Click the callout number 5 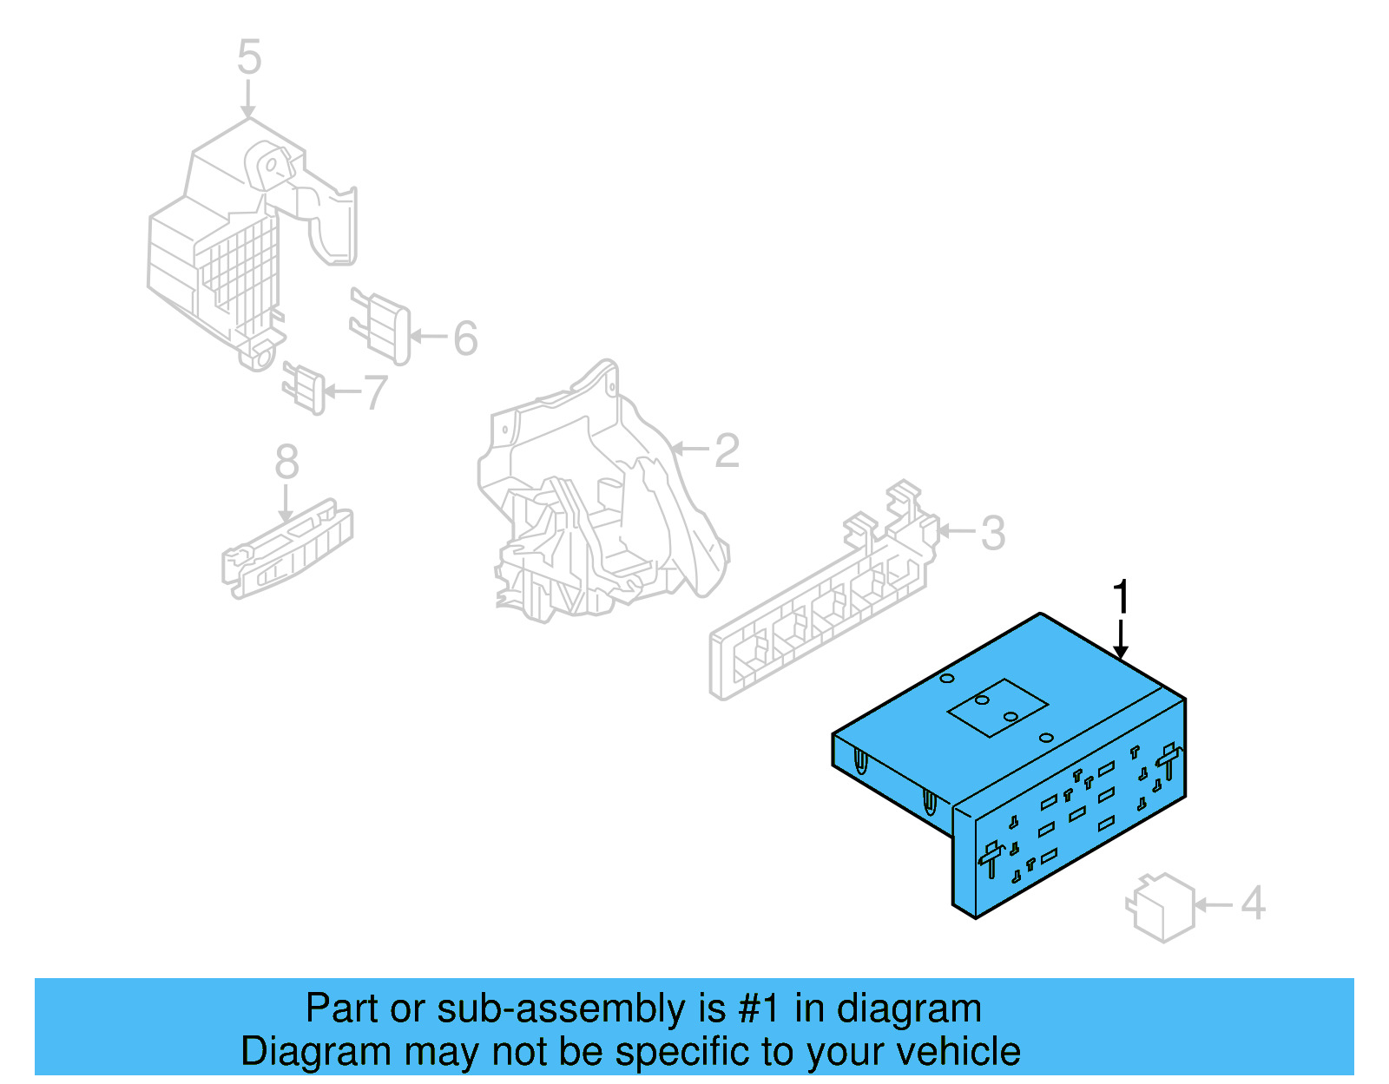pyautogui.click(x=249, y=57)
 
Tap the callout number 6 pyautogui.click(x=465, y=338)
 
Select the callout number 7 pyautogui.click(x=375, y=392)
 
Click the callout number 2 pyautogui.click(x=727, y=450)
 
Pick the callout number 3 pyautogui.click(x=993, y=533)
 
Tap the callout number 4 pyautogui.click(x=1253, y=903)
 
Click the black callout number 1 pyautogui.click(x=1121, y=598)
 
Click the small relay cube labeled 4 pyautogui.click(x=1161, y=907)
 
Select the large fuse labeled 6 pyautogui.click(x=380, y=325)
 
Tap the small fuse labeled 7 pyautogui.click(x=304, y=387)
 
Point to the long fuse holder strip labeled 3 pyautogui.click(x=820, y=608)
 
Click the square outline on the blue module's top pyautogui.click(x=997, y=707)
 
